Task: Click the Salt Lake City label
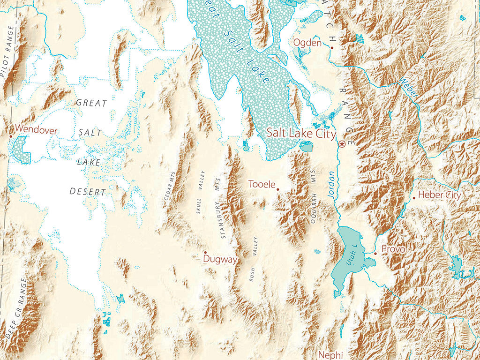[301, 134]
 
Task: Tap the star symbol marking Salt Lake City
[342, 144]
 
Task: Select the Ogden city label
[307, 43]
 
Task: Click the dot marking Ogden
[331, 48]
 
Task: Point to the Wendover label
[37, 129]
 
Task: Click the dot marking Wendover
[11, 136]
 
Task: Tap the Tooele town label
[262, 184]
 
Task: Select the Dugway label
[220, 259]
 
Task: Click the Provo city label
[393, 249]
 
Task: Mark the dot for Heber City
[413, 198]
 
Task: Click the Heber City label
[439, 195]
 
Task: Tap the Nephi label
[331, 354]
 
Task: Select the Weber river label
[407, 87]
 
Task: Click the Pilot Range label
[8, 52]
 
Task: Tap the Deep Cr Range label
[17, 307]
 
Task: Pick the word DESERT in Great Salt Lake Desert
[88, 192]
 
